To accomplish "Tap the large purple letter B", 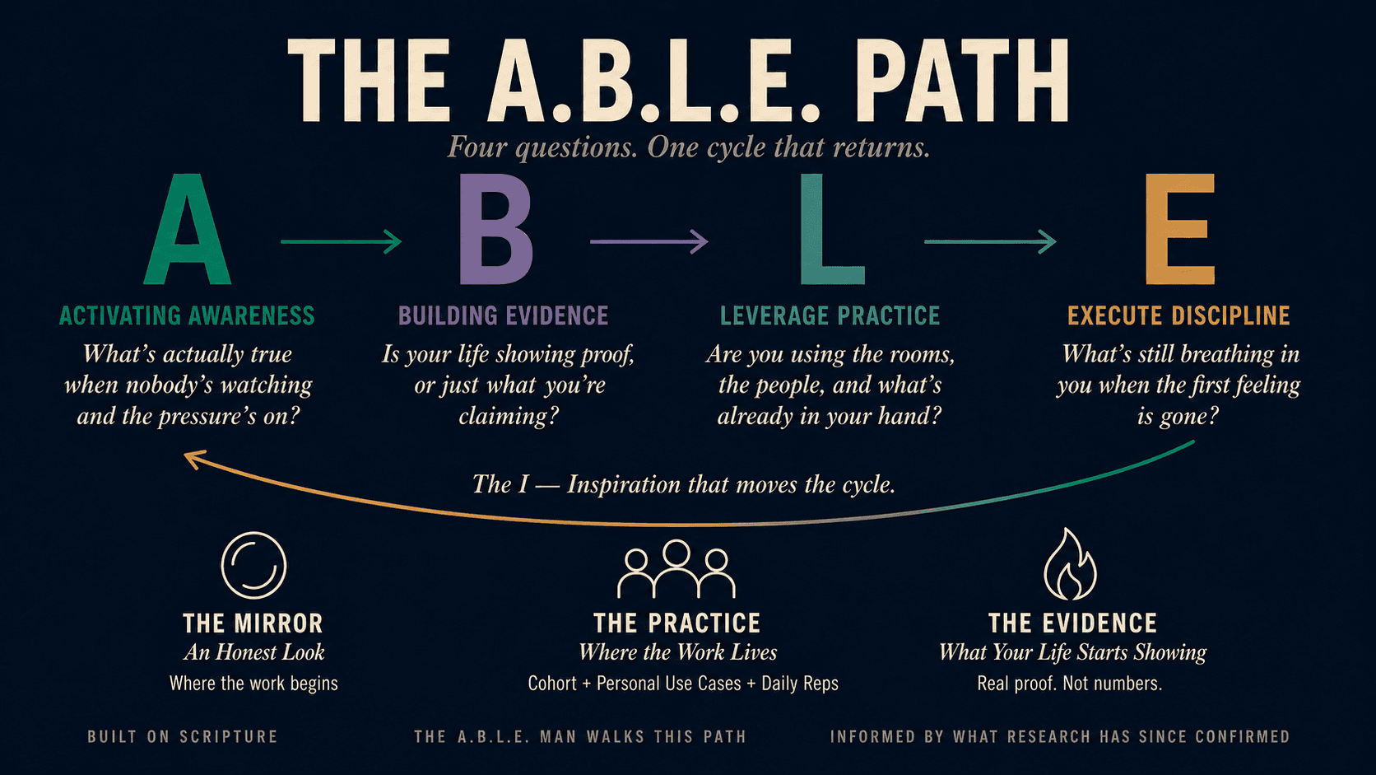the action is [x=495, y=231].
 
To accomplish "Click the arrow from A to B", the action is [x=341, y=241].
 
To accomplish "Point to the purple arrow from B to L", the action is [x=648, y=241].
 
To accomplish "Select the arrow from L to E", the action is [x=990, y=241].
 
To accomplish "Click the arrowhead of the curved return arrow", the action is [x=193, y=459].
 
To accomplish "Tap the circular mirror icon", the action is [x=253, y=565].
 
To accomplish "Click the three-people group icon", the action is [x=676, y=568].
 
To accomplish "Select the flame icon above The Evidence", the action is [x=1070, y=564].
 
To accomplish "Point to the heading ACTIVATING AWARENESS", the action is [x=187, y=315].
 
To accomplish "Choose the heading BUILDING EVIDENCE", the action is [x=504, y=315].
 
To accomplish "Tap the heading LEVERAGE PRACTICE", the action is [x=830, y=315].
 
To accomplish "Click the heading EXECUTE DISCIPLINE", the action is [x=1178, y=315].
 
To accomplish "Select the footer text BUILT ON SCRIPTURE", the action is [x=183, y=736].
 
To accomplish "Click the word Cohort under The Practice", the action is [x=552, y=684].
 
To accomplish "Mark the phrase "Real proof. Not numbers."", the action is [x=1069, y=684].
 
